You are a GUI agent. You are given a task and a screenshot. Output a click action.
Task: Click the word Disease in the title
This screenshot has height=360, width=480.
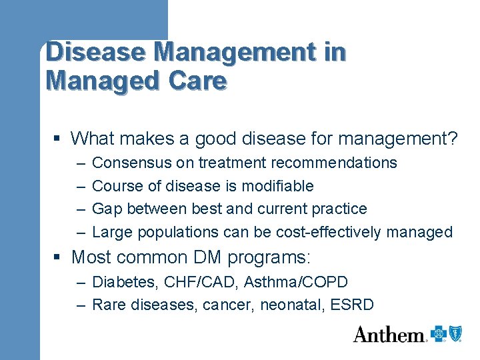tap(85, 52)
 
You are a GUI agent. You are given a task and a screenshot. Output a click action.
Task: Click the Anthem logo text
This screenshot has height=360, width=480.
tap(389, 334)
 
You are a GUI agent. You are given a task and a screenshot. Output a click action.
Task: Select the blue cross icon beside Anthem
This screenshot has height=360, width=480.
tap(438, 333)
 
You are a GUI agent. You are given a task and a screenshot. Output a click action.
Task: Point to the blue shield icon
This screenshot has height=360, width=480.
tap(455, 333)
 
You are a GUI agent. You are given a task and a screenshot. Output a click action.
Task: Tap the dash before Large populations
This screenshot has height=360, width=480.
tap(80, 232)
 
